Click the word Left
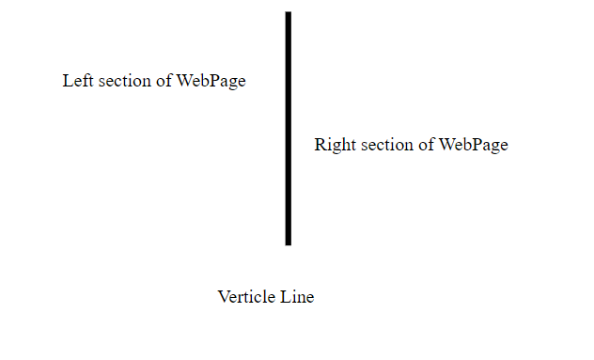77,81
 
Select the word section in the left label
122,81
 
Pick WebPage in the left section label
211,81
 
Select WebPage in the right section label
473,146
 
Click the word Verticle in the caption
246,297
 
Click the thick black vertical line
288,129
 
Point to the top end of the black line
288,14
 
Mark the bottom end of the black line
288,243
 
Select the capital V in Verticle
224,297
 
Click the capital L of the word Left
68,81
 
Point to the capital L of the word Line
285,297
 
